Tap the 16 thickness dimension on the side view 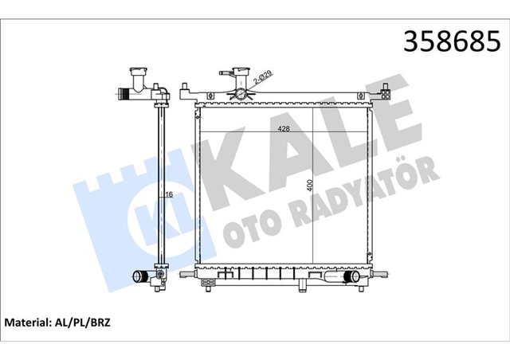pos(170,194)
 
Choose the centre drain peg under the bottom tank pos(304,281)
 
